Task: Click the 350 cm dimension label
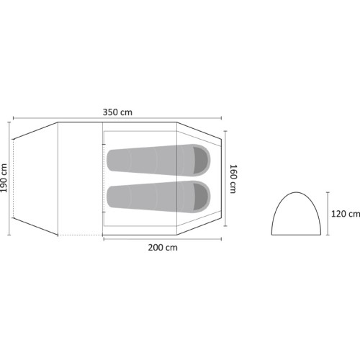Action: pyautogui.click(x=117, y=112)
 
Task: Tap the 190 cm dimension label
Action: pyautogui.click(x=4, y=178)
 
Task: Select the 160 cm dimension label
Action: pyautogui.click(x=233, y=179)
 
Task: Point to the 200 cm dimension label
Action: pyautogui.click(x=163, y=248)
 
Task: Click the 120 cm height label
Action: pyautogui.click(x=346, y=214)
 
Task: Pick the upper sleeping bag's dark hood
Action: pyautogui.click(x=200, y=160)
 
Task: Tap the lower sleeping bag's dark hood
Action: pyautogui.click(x=200, y=197)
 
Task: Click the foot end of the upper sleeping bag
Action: pyautogui.click(x=108, y=160)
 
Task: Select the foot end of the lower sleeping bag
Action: pyautogui.click(x=108, y=197)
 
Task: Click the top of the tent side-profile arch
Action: pyautogui.click(x=296, y=192)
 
